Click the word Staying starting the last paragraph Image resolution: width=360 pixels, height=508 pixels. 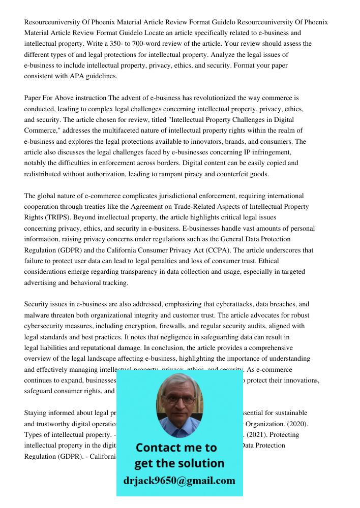(x=37, y=413)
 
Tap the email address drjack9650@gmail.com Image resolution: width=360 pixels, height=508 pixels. (x=179, y=480)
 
